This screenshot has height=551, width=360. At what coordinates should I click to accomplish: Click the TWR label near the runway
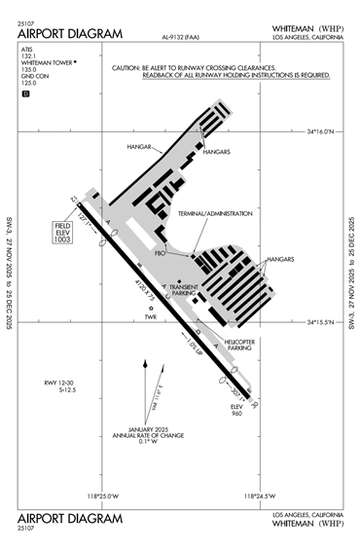tap(150, 316)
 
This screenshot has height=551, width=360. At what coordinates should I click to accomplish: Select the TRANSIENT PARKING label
tap(184, 290)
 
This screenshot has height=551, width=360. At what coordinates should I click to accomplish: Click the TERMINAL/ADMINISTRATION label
tap(215, 213)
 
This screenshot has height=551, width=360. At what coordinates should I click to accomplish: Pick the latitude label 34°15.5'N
tap(320, 322)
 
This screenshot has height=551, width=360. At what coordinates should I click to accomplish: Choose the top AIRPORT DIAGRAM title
tap(71, 35)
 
